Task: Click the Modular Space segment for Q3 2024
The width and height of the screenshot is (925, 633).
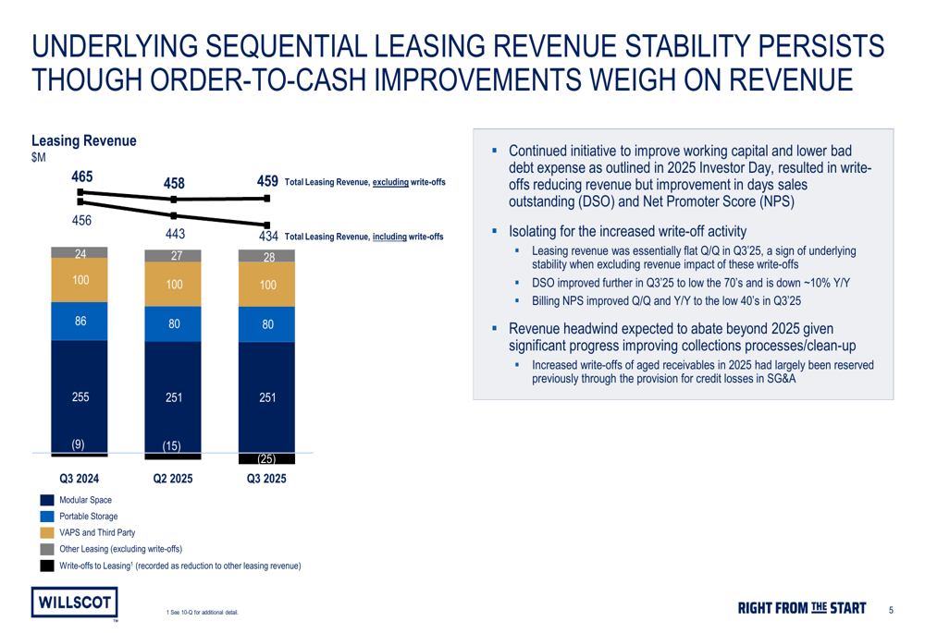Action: (x=80, y=396)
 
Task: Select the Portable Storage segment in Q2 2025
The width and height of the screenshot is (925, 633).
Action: (x=173, y=323)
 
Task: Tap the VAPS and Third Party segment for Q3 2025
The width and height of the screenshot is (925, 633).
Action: (x=266, y=284)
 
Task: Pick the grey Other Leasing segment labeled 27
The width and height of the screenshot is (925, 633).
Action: (x=173, y=256)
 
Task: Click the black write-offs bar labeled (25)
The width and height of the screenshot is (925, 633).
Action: (x=266, y=458)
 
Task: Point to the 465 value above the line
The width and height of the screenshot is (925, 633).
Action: (x=82, y=177)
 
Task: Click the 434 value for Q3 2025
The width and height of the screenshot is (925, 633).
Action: (x=268, y=237)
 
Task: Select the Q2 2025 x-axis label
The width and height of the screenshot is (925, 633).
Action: (x=173, y=479)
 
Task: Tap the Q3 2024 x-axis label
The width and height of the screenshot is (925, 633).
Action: (x=80, y=479)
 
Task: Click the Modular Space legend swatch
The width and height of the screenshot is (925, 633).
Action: (x=47, y=500)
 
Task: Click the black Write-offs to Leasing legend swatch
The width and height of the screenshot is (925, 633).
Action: (x=47, y=566)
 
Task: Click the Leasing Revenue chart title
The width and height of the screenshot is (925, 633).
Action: (x=84, y=140)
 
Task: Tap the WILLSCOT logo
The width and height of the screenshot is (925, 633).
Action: (x=74, y=603)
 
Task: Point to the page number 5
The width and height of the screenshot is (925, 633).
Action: (x=891, y=610)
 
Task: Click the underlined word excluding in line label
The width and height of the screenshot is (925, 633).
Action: (x=390, y=182)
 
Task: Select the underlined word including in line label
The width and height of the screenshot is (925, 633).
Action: (x=389, y=237)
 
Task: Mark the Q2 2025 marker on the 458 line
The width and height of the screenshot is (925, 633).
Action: (x=174, y=200)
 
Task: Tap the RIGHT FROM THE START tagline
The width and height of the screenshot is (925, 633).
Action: (x=802, y=608)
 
